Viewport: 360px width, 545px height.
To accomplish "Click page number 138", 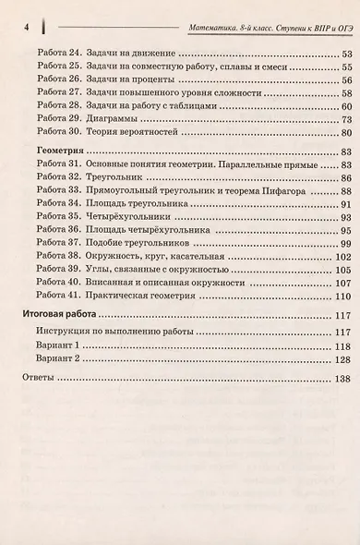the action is click(341, 379).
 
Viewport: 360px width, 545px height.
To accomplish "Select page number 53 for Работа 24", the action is click(345, 54).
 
